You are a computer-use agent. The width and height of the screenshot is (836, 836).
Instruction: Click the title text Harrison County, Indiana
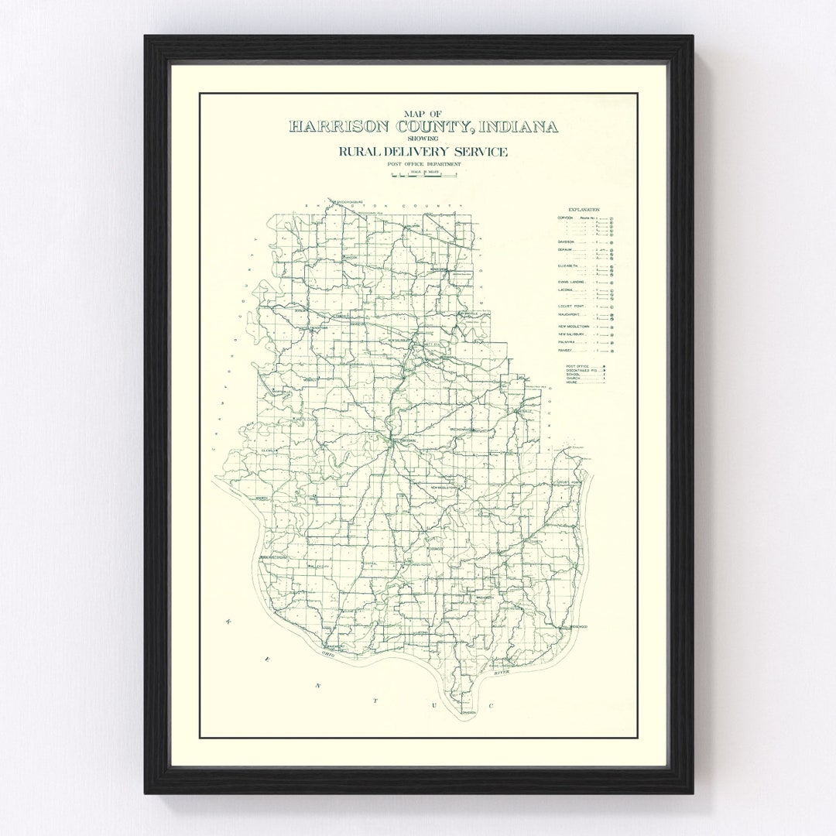(x=423, y=127)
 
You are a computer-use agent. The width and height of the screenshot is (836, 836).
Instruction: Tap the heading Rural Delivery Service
(x=423, y=152)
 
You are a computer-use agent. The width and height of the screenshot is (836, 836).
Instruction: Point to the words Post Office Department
(x=423, y=164)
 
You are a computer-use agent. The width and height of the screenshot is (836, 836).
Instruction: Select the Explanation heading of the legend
(x=584, y=210)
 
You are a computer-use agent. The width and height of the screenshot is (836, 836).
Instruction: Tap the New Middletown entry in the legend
(x=574, y=326)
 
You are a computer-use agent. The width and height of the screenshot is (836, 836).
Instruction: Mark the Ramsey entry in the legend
(x=567, y=350)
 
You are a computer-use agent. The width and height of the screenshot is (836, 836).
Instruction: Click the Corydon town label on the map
(x=407, y=441)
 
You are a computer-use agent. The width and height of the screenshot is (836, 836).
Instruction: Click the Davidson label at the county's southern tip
(x=469, y=711)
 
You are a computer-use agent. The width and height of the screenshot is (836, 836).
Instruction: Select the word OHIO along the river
(x=328, y=654)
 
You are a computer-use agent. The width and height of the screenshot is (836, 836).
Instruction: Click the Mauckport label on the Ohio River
(x=334, y=645)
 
